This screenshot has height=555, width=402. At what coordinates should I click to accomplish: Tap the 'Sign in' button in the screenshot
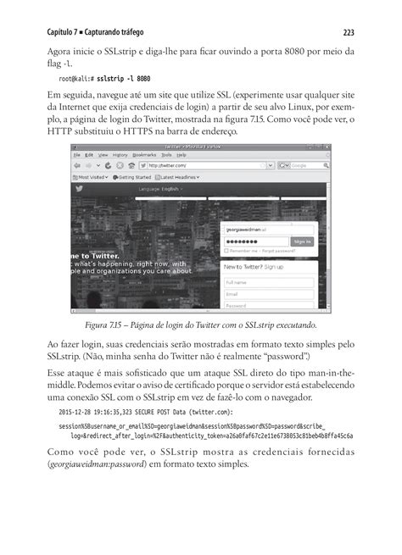point(302,241)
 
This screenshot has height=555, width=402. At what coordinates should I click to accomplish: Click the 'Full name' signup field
point(268,282)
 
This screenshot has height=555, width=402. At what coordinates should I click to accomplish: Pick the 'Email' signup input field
point(268,294)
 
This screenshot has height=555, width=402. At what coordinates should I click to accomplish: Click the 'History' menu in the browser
point(120,155)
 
